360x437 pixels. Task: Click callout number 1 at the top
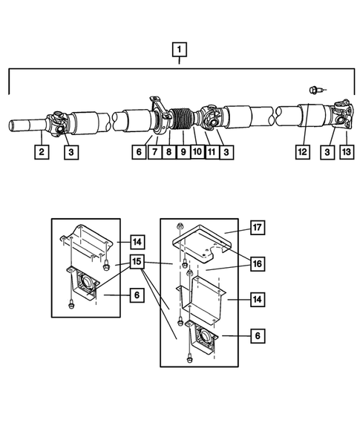pos(179,52)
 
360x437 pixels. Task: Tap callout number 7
pos(154,154)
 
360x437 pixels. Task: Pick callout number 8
pos(168,154)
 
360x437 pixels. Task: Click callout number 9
pos(183,154)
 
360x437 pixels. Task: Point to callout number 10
pos(197,154)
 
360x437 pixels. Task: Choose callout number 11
pos(212,154)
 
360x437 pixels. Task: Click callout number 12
pos(301,154)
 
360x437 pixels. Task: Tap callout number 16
pos(256,264)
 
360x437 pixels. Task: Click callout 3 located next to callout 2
pos(71,154)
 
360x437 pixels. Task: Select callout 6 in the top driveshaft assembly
pos(138,154)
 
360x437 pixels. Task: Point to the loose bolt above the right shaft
pos(315,91)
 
